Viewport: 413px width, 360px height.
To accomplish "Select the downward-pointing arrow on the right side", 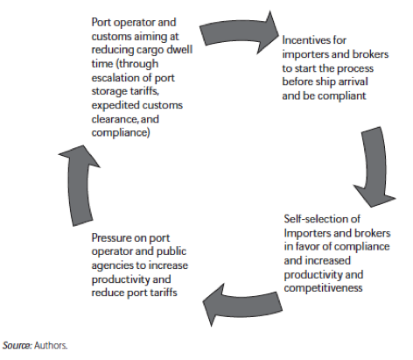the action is coord(375,166).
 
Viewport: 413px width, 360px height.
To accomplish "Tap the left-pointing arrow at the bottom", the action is coord(242,305).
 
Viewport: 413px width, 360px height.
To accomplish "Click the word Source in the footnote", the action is coord(17,345).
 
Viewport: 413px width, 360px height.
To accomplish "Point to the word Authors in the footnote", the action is coord(51,345).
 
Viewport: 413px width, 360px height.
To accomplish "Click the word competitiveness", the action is coord(323,288).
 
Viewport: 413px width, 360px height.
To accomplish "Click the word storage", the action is coord(109,92).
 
